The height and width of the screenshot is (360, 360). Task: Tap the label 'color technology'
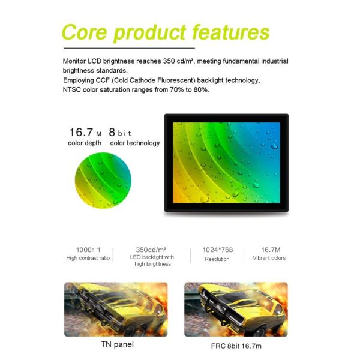135,143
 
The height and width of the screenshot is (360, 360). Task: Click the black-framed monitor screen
227,162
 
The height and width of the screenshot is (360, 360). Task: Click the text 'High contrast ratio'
88,259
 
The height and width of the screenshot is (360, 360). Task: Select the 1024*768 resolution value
217,249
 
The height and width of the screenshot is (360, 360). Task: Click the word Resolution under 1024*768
217,259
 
